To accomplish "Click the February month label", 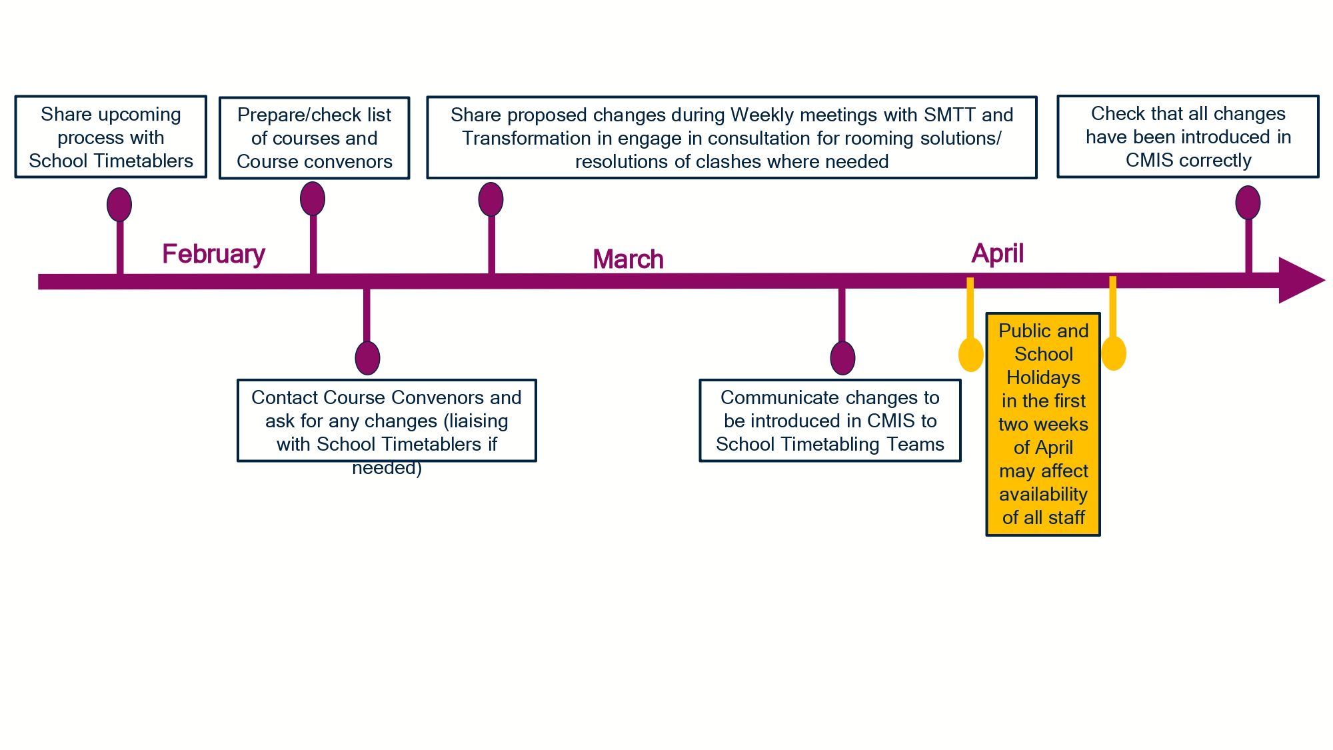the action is [x=214, y=254].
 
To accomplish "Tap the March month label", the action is [x=628, y=259].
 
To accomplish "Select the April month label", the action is [x=997, y=254].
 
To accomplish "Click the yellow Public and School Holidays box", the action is [x=1043, y=424].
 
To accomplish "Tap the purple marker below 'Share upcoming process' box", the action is [x=119, y=205].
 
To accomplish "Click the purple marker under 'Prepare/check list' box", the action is [x=313, y=199].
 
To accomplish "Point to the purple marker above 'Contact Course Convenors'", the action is [x=367, y=358].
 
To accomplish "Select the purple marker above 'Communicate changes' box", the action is [x=842, y=358].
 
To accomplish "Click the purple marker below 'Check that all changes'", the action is [x=1248, y=203].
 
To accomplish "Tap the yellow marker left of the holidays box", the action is [x=970, y=354].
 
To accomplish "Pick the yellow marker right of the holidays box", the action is [x=1113, y=353].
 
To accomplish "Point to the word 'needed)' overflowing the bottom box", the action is [x=387, y=468].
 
